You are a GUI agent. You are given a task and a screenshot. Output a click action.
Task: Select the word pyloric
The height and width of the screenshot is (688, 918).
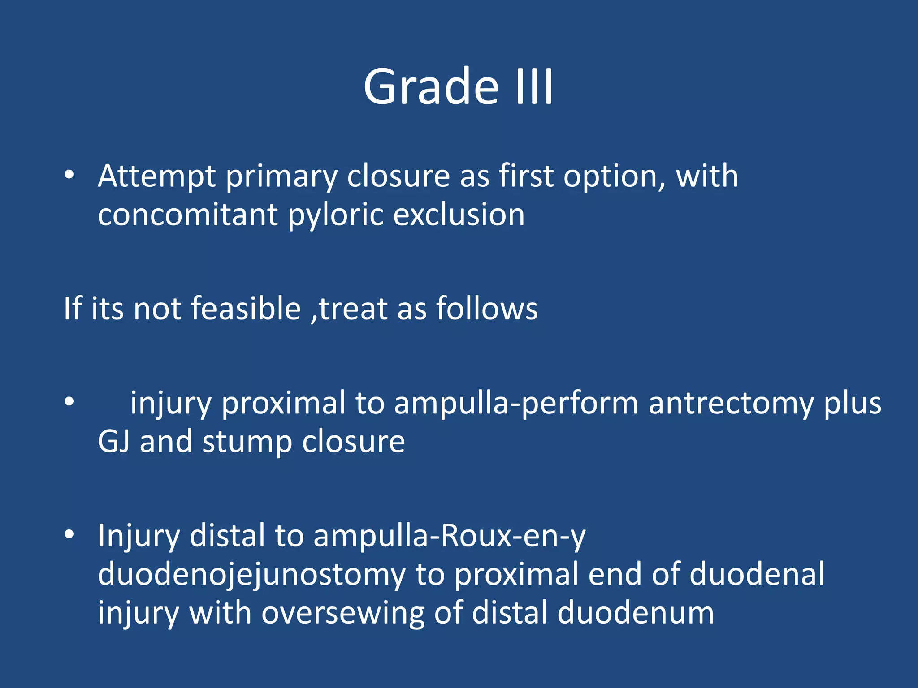pos(335,215)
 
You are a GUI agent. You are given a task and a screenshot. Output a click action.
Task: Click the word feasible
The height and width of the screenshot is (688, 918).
pos(246,309)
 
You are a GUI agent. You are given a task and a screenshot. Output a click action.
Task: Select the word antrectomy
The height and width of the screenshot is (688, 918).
pos(731,403)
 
